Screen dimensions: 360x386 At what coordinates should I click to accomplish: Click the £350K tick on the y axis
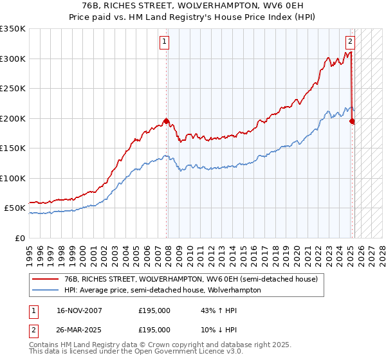(13, 29)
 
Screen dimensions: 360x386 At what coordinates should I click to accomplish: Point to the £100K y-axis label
(13, 178)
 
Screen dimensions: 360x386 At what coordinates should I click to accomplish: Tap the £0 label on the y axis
(19, 238)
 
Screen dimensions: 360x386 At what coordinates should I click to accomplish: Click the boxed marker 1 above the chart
(165, 42)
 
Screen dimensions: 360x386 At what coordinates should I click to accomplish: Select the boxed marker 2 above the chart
(350, 42)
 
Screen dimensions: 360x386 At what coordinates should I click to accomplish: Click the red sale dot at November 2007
(166, 121)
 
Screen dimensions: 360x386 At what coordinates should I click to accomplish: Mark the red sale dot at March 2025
(352, 121)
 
